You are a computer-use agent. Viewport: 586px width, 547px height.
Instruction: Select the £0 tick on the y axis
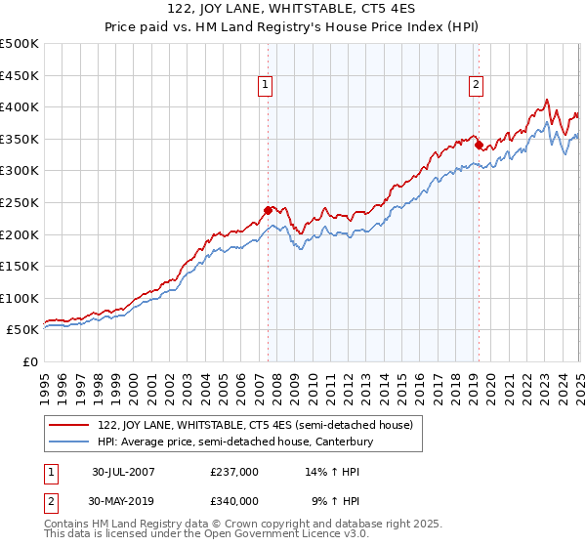tap(31, 361)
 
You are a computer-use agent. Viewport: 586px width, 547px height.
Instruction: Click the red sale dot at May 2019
tap(479, 145)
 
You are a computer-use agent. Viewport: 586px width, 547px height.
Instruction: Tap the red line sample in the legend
tap(68, 425)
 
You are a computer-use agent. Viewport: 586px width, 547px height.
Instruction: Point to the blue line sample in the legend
tap(68, 442)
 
